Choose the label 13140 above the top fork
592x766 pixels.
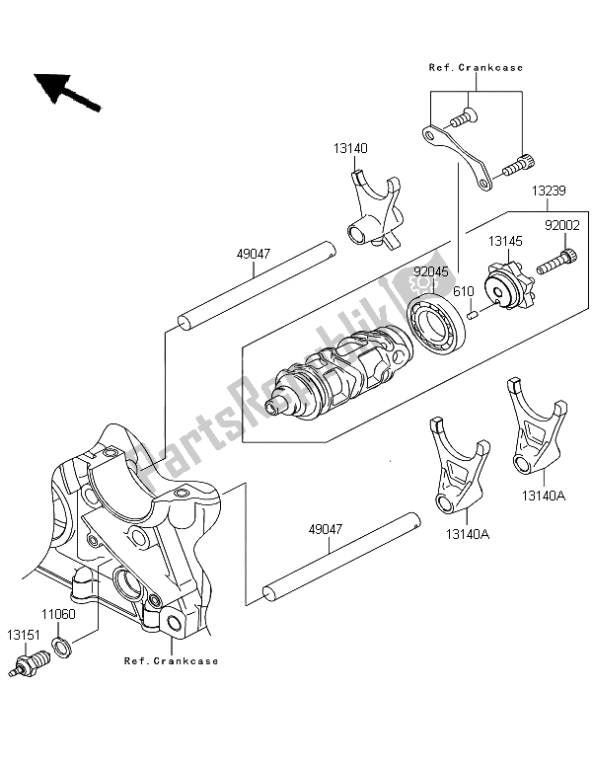click(349, 147)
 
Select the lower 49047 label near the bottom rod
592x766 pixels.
click(326, 530)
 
